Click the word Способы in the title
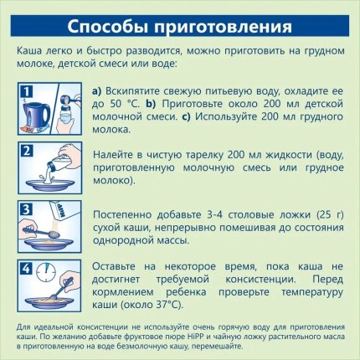click(x=107, y=27)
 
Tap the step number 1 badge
click(x=26, y=91)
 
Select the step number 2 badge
click(x=26, y=151)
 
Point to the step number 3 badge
click(x=26, y=209)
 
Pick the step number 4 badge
click(x=26, y=269)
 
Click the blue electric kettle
click(x=36, y=115)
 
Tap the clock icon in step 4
click(x=46, y=270)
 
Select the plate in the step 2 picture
click(x=50, y=185)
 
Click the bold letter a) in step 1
click(x=97, y=91)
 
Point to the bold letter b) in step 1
click(x=151, y=104)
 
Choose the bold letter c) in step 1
click(x=186, y=116)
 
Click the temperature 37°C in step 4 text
click(x=167, y=305)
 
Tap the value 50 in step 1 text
click(x=116, y=104)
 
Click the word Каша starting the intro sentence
click(x=29, y=51)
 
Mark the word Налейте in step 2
click(x=113, y=155)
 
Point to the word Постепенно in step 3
click(x=122, y=215)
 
